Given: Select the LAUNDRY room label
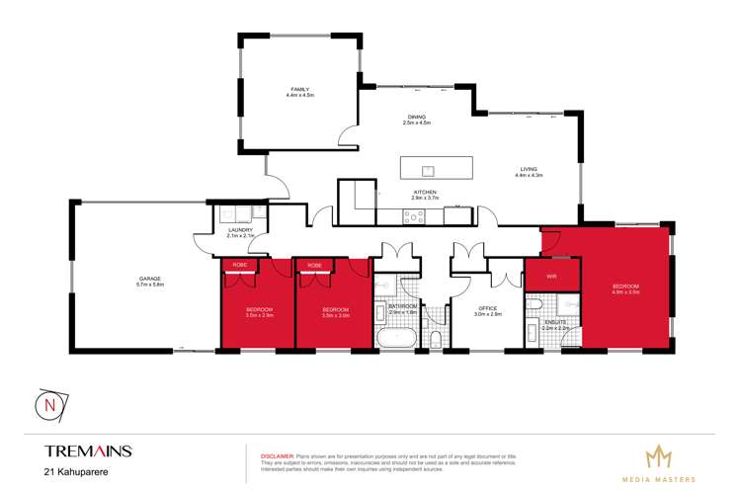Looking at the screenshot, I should (240, 233).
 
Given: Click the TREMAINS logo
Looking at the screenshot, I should (88, 451).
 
